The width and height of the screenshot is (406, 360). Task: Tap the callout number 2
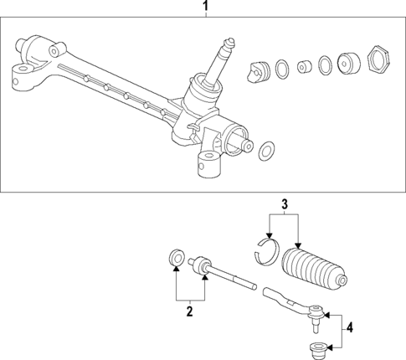point(189,311)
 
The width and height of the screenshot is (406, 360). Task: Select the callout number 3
point(284,203)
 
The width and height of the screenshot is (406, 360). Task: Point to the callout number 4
point(351,329)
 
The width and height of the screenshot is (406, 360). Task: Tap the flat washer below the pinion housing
point(267,150)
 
